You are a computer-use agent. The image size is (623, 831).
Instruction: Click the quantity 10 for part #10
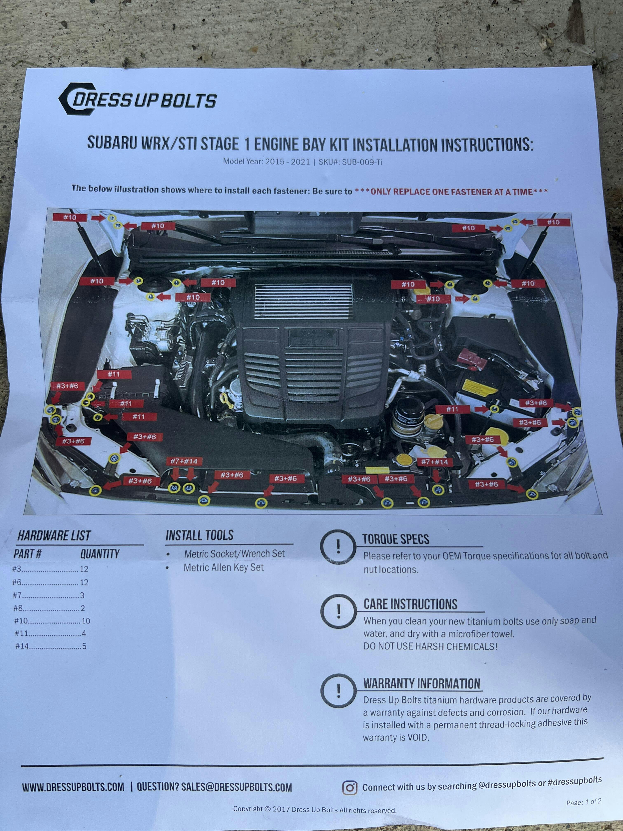[86, 621]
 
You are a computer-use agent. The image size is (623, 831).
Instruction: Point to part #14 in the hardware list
[22, 646]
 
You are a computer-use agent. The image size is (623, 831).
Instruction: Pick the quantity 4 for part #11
[84, 633]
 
